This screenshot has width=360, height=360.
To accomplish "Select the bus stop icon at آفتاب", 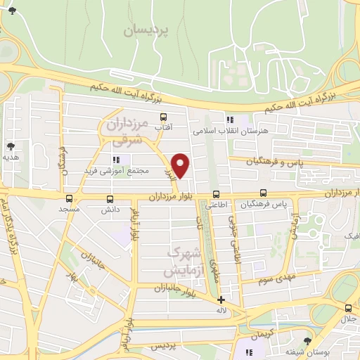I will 164,117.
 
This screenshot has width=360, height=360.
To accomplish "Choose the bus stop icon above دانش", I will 109,198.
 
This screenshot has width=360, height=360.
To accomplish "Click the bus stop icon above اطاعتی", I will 215,194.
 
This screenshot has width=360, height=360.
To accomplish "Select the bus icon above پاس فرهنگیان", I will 263,193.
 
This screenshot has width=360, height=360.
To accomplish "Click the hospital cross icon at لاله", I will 221,300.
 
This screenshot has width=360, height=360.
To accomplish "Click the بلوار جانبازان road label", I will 162,288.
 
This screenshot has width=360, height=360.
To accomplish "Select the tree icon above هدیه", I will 11,146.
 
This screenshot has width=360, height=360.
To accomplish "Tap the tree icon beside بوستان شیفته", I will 306,341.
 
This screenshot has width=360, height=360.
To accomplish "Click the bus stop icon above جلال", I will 349,307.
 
